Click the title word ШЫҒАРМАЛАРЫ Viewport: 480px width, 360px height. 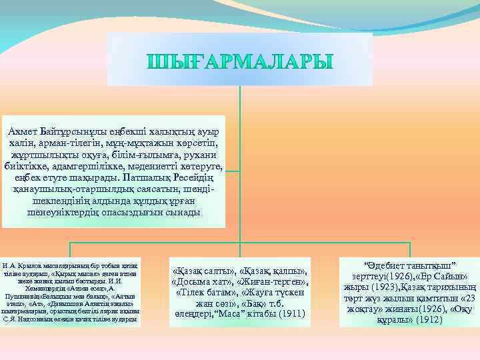239,61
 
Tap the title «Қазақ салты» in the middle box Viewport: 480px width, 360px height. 200,270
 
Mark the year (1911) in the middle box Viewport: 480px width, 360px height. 291,313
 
